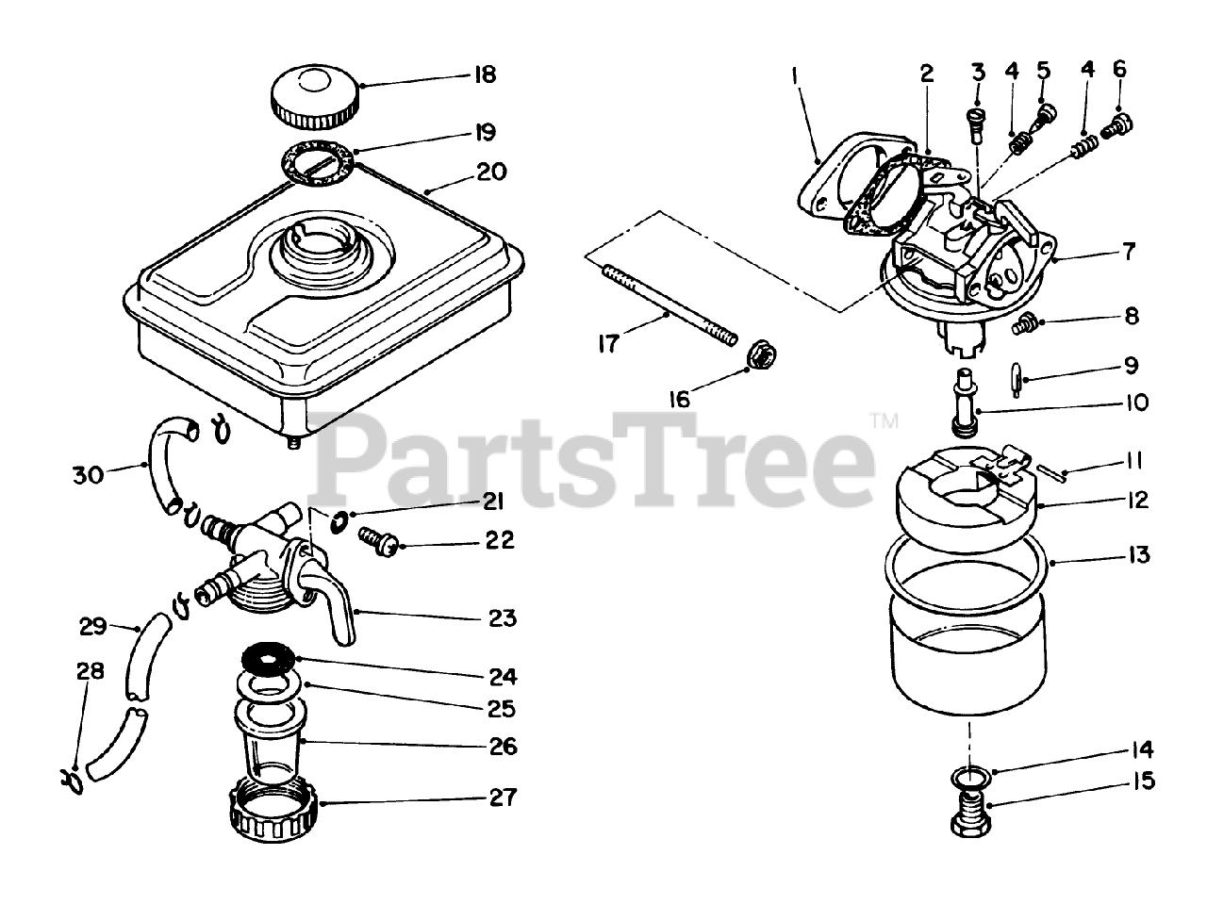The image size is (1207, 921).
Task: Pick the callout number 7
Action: (x=1129, y=252)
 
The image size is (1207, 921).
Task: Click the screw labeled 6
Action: (x=1119, y=123)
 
